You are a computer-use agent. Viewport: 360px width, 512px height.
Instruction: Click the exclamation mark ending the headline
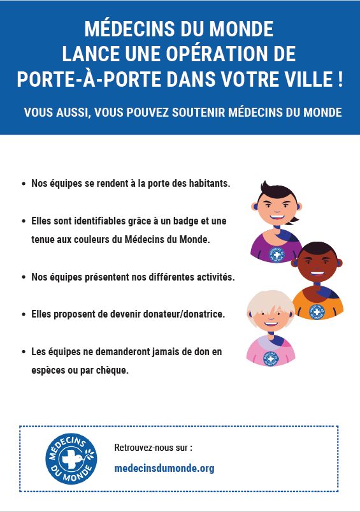(x=340, y=79)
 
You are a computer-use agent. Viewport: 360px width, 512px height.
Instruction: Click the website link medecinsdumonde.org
(x=164, y=469)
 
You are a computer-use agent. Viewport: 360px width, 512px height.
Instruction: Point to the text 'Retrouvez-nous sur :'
(x=153, y=448)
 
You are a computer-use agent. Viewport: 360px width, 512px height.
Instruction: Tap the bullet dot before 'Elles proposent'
(x=24, y=315)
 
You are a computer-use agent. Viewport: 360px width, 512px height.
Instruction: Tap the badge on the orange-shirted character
(x=317, y=311)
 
